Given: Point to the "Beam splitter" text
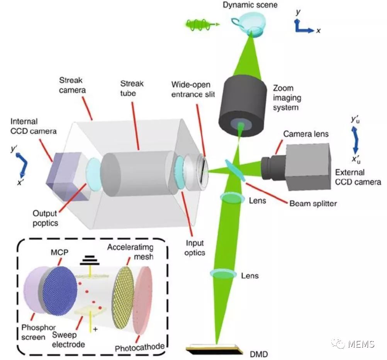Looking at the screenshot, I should (x=313, y=203).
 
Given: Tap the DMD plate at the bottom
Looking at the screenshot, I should (x=216, y=349).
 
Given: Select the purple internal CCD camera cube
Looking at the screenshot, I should (x=64, y=176).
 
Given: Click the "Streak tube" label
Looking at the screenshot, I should (x=132, y=88).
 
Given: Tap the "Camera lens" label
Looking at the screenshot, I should (x=306, y=134).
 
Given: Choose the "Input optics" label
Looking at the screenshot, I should (x=195, y=247).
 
